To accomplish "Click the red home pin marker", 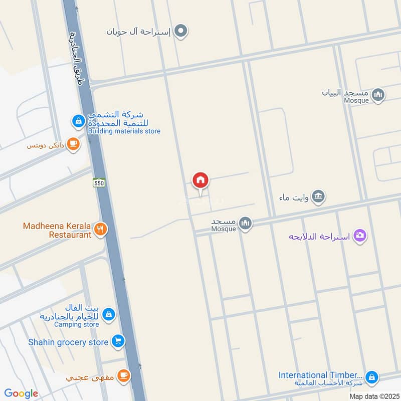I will click(x=200, y=180).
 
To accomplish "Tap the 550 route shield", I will click(x=99, y=183).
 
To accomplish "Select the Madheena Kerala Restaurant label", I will click(x=57, y=230).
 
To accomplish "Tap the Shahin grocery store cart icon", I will click(x=118, y=342).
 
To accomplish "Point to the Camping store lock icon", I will click(x=108, y=315).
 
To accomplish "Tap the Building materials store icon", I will click(x=78, y=121).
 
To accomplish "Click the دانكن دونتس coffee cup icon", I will click(x=73, y=144).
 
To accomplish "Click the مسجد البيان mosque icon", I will click(x=379, y=94).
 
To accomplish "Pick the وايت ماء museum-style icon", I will click(x=317, y=197).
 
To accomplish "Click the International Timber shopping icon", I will click(x=371, y=376).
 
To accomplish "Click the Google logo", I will click(x=21, y=393).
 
